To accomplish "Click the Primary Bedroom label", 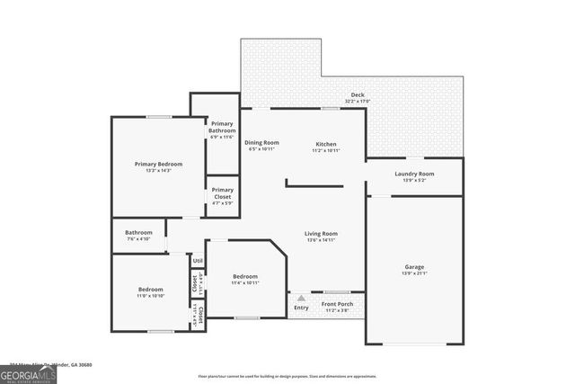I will tap(158, 164).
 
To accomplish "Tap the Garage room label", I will tap(414, 267).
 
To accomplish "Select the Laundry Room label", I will tap(414, 174).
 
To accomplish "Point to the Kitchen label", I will tap(325, 143).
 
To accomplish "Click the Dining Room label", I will tap(262, 142).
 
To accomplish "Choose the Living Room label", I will tap(321, 233).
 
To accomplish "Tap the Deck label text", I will tap(358, 95).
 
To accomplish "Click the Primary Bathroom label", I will tap(222, 127).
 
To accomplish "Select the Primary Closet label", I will tap(222, 192).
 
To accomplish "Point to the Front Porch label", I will tap(338, 304).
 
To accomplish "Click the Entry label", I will tap(300, 308).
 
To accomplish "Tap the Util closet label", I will tap(198, 261).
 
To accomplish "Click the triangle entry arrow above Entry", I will tap(301, 298).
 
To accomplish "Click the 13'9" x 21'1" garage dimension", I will tap(414, 273).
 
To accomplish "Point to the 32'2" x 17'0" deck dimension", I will tap(358, 102).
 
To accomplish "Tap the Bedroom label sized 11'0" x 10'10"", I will tap(150, 290).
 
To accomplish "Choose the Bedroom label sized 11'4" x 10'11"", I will tap(245, 276).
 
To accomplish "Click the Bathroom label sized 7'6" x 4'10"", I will tap(138, 232).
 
